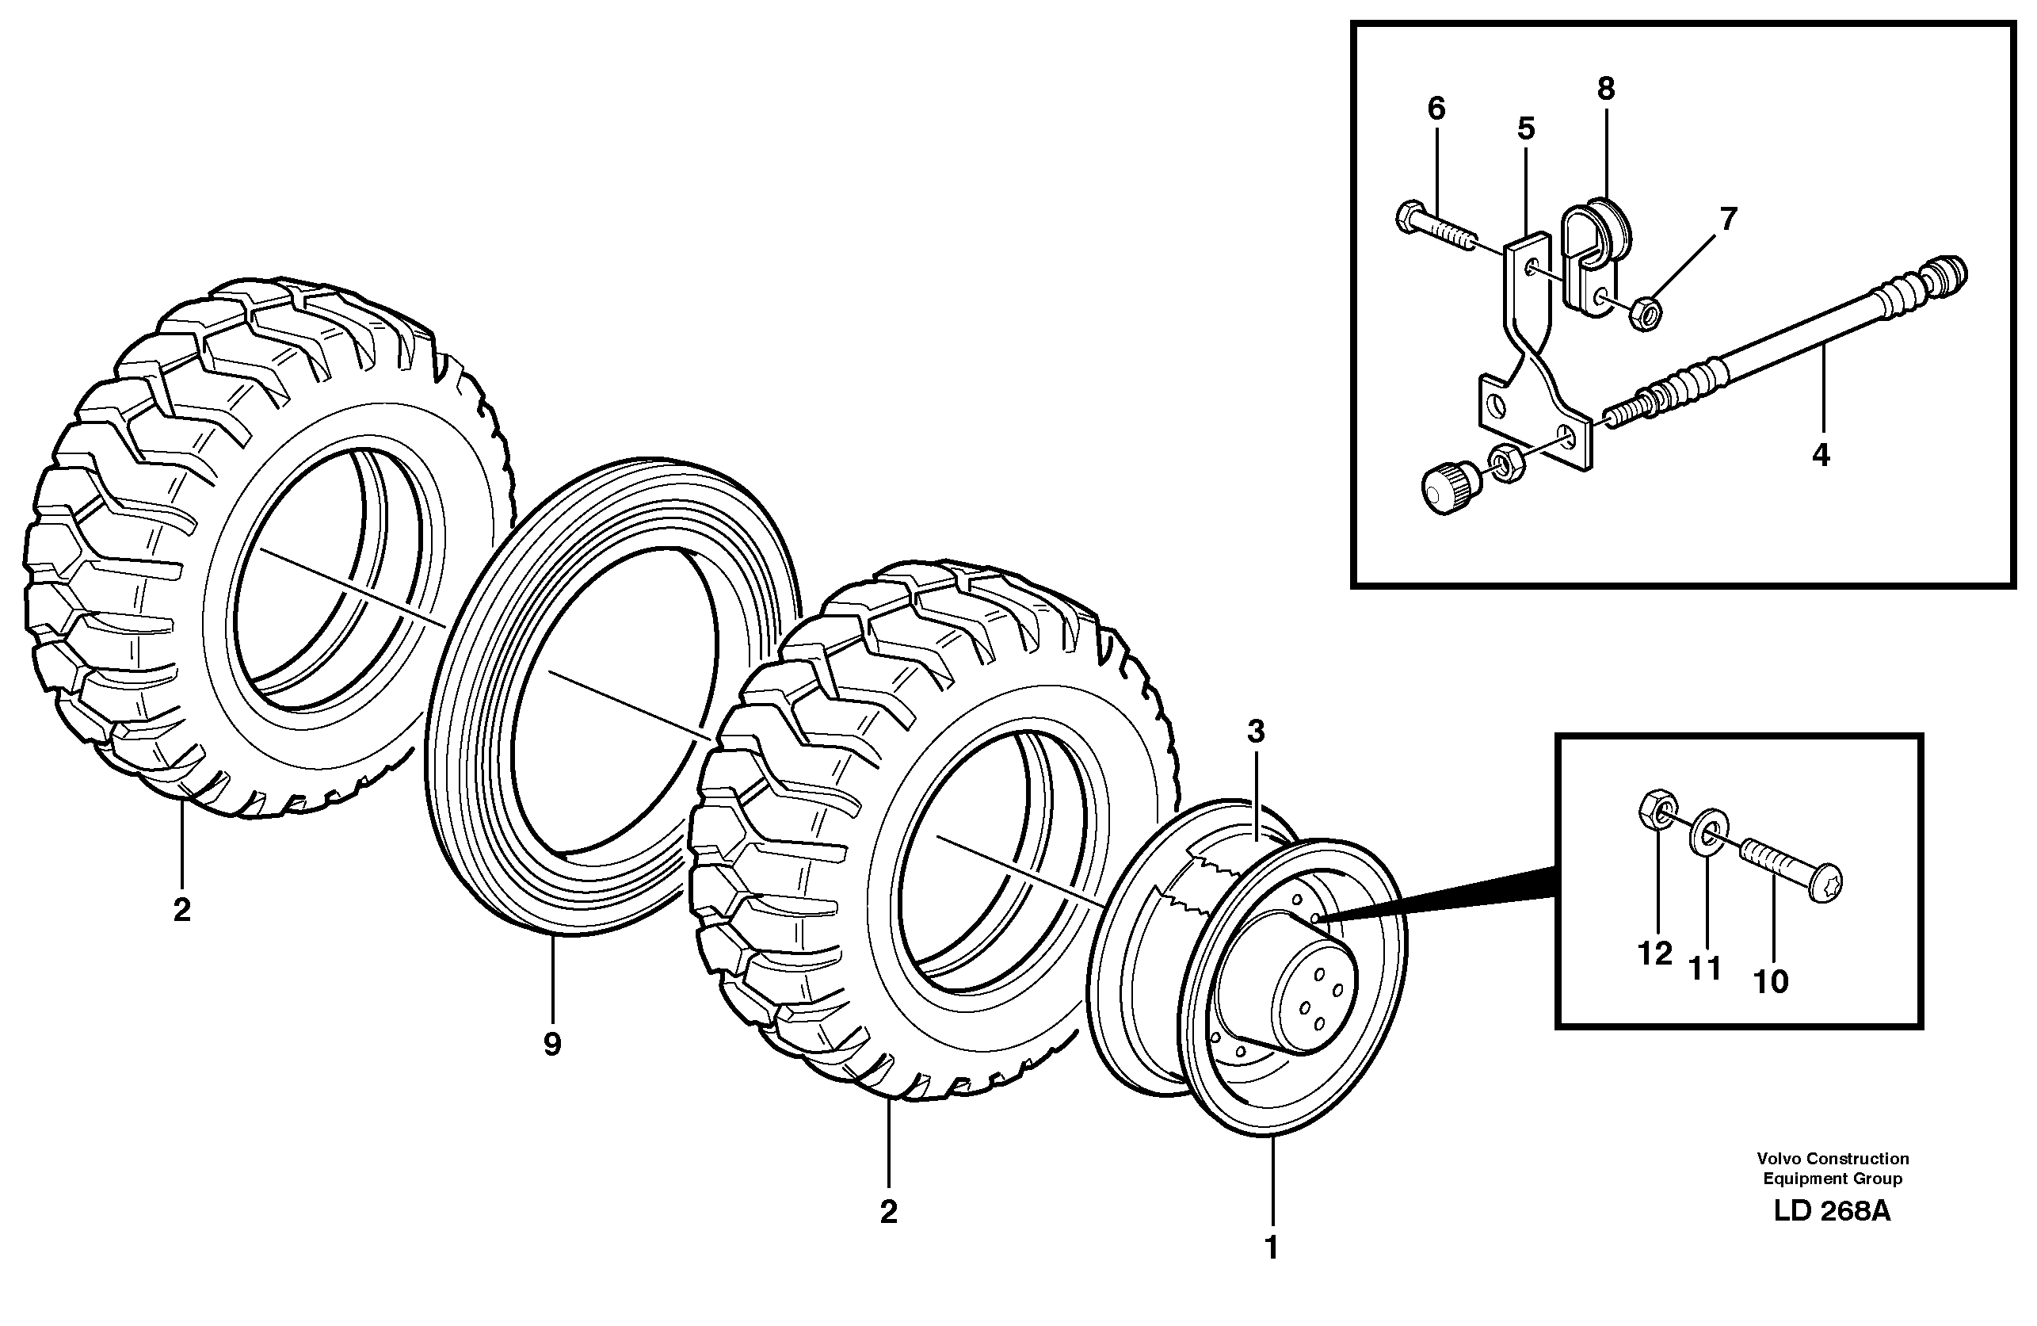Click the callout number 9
552,1045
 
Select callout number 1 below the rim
1271,1248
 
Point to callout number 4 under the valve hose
1821,456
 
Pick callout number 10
1771,982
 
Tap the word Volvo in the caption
1778,1158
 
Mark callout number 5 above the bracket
1526,129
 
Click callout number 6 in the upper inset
1436,109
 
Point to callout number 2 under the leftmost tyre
181,910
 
